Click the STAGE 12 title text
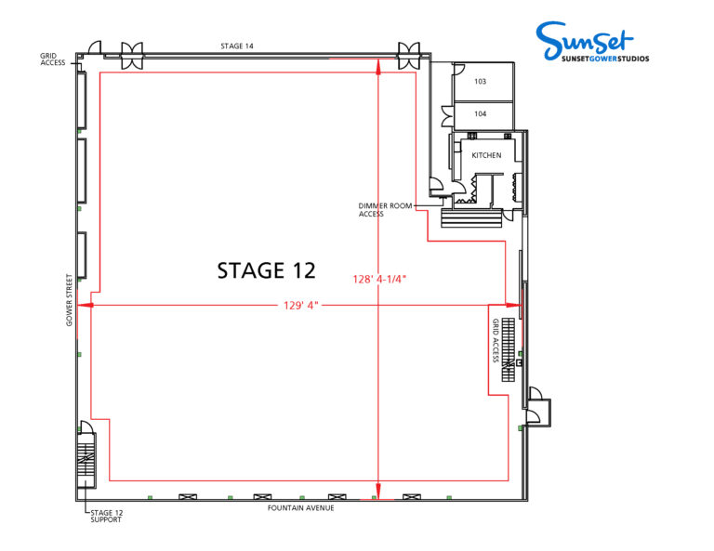[x=267, y=270]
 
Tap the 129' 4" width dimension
[x=300, y=306]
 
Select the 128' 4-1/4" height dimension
[x=379, y=279]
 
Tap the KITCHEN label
[x=486, y=155]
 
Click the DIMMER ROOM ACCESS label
[x=385, y=210]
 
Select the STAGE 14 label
[x=237, y=46]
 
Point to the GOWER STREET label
[x=69, y=300]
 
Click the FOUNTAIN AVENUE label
[x=300, y=507]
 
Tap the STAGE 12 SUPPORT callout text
[x=107, y=516]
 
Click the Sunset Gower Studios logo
[x=592, y=42]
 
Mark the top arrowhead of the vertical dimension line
[x=378, y=66]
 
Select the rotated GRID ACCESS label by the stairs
[x=496, y=340]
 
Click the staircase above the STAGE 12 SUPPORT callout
[x=86, y=460]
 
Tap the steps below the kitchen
[x=471, y=218]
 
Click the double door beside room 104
[x=447, y=116]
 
